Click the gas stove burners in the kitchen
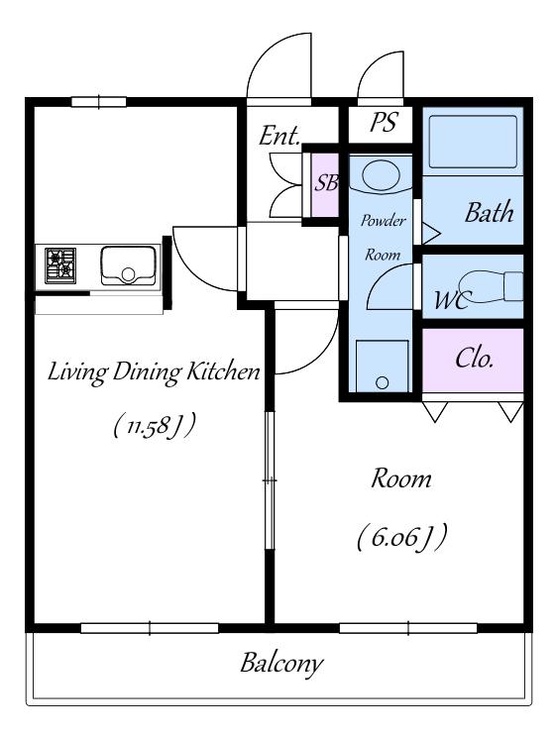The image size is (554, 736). [x=60, y=265]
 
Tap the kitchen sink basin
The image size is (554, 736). [x=128, y=265]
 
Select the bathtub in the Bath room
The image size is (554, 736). [x=473, y=142]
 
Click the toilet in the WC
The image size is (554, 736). [x=491, y=287]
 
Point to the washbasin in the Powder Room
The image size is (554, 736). [x=381, y=176]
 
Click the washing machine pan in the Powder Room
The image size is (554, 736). [x=382, y=366]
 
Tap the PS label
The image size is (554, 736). [x=384, y=122]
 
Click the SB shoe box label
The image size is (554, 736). [x=326, y=182]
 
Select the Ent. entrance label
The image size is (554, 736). [x=279, y=136]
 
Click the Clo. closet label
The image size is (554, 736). [x=474, y=359]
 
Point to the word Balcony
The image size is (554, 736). [x=281, y=664]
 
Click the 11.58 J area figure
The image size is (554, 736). [x=154, y=425]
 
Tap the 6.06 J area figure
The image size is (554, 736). [x=401, y=538]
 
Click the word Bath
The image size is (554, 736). [x=489, y=213]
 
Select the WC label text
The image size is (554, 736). [x=450, y=300]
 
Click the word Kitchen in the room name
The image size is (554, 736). [x=223, y=372]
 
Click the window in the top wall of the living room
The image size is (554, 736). [x=98, y=102]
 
